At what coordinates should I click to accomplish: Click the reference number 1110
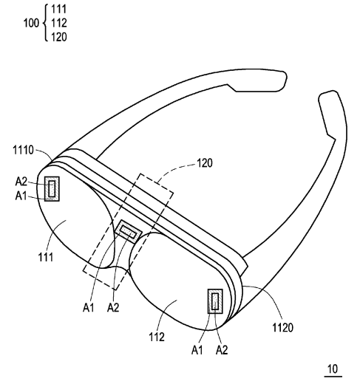click(x=23, y=150)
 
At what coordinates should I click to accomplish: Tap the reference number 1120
click(x=282, y=328)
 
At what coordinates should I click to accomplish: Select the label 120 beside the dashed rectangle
click(x=205, y=163)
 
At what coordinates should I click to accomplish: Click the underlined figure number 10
click(x=333, y=369)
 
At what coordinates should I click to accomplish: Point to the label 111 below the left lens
click(x=46, y=258)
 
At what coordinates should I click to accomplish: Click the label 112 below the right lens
click(x=157, y=337)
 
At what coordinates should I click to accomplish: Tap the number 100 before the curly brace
click(x=31, y=23)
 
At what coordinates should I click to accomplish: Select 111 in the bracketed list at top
click(x=59, y=9)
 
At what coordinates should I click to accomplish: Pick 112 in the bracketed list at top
click(x=59, y=23)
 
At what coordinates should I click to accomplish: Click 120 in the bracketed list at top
click(x=59, y=37)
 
